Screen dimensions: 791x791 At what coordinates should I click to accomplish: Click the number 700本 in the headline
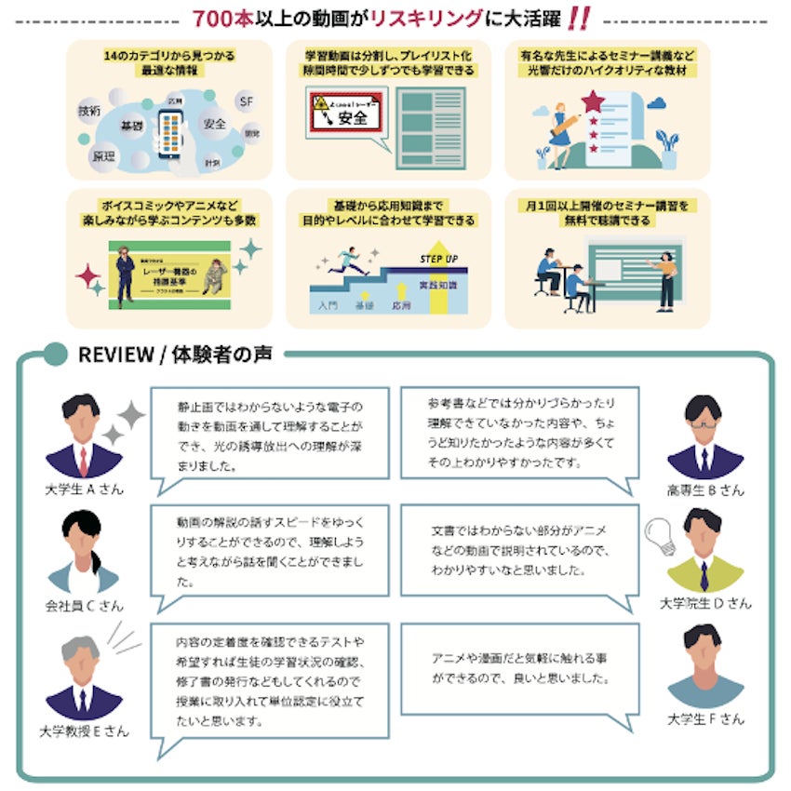pyautogui.click(x=221, y=18)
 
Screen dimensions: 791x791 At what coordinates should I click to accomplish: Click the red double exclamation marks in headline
pyautogui.click(x=579, y=18)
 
